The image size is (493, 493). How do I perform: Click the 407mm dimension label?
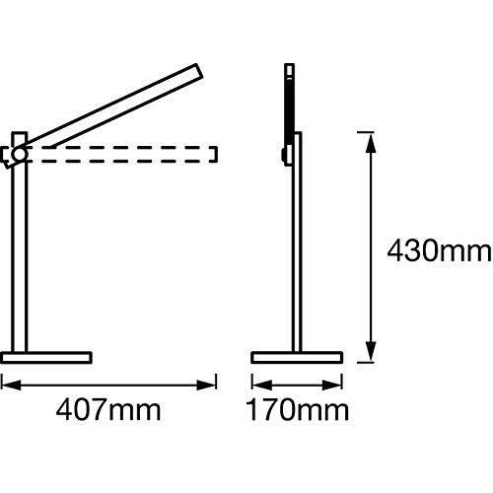coord(108,409)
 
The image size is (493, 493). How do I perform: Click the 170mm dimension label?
coord(298,409)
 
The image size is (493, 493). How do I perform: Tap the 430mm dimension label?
coord(439,250)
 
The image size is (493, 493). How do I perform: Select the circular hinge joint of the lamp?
coord(19,154)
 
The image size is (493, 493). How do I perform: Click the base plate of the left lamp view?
coord(46,358)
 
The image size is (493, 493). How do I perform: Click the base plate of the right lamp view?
coord(297,358)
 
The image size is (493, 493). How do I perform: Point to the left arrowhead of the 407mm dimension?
coord(11,385)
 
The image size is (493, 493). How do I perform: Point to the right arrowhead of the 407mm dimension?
coord(206,385)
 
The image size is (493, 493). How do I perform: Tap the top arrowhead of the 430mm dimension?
coord(371,143)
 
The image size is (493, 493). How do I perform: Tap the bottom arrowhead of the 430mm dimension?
coord(371,351)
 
